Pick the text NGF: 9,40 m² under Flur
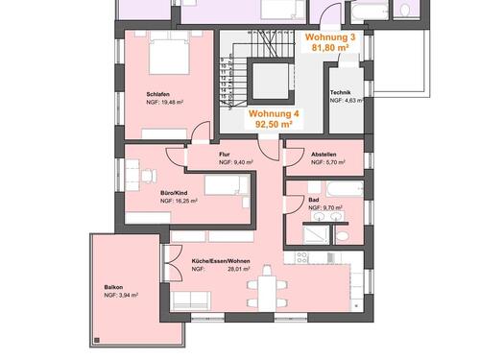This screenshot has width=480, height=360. (x=235, y=163)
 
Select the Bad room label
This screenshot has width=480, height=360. (x=313, y=199)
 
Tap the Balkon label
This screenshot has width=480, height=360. (x=114, y=287)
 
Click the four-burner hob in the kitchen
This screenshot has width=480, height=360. (x=304, y=256)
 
